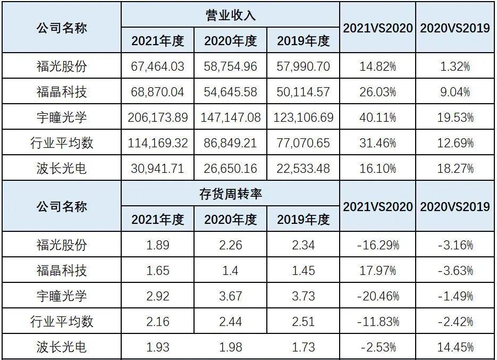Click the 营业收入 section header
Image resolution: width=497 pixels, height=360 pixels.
click(x=231, y=15)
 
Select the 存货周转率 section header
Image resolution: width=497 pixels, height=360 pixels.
click(x=231, y=195)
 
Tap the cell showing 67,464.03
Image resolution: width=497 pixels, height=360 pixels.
click(x=157, y=66)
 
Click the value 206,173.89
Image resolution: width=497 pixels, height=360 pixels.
click(x=157, y=118)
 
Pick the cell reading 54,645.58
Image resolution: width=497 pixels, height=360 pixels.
click(x=231, y=92)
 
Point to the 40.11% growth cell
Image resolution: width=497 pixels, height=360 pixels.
click(x=377, y=118)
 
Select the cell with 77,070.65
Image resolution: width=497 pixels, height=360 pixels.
click(x=304, y=143)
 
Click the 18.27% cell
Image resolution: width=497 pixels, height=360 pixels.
click(x=455, y=169)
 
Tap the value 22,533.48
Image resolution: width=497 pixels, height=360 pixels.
click(x=304, y=169)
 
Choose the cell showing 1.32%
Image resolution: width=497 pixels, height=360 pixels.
click(x=455, y=66)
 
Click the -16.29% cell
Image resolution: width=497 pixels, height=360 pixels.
click(x=377, y=245)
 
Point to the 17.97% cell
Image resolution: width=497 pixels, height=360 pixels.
click(x=377, y=271)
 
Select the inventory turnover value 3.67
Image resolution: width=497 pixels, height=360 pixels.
click(x=231, y=296)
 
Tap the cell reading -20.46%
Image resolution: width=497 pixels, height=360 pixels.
click(x=377, y=296)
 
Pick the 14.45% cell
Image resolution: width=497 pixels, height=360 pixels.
click(x=455, y=347)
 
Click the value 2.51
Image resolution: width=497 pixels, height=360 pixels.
click(x=304, y=322)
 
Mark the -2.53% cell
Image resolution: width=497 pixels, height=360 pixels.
click(x=377, y=347)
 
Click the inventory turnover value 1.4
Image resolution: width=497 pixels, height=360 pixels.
click(x=231, y=271)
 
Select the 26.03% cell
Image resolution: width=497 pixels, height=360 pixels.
click(x=377, y=92)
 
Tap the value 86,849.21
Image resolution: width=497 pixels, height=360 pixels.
click(x=231, y=143)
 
